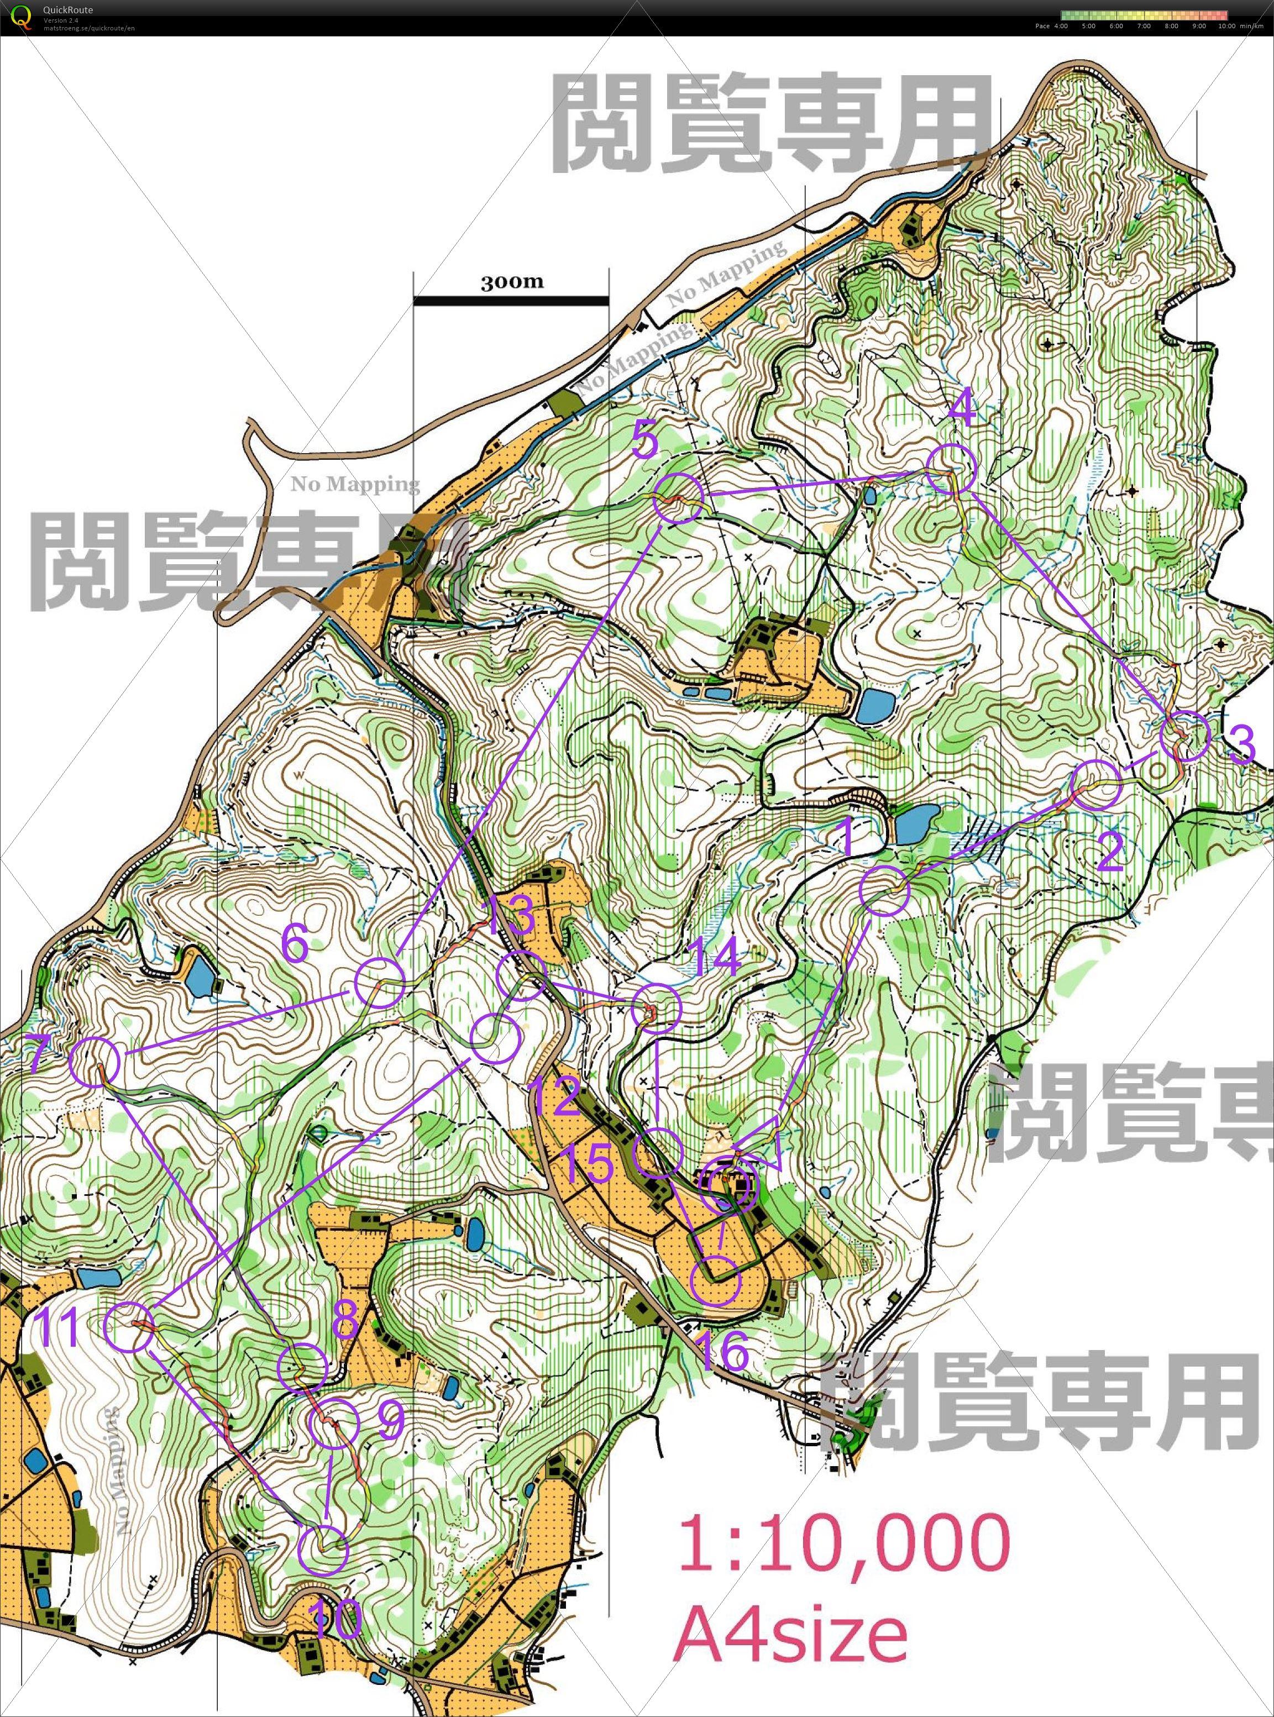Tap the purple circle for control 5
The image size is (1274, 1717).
pos(679,499)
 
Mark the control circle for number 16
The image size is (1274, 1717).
pos(717,1280)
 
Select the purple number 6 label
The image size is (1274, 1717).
pos(295,942)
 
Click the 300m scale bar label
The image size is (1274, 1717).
pos(512,281)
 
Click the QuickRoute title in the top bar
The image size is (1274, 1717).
pos(68,10)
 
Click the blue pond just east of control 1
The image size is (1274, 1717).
pos(917,823)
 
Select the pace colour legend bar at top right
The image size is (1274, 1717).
pos(1143,15)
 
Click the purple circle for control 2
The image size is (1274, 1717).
pos(1096,785)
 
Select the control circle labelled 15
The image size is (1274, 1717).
pos(658,1153)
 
